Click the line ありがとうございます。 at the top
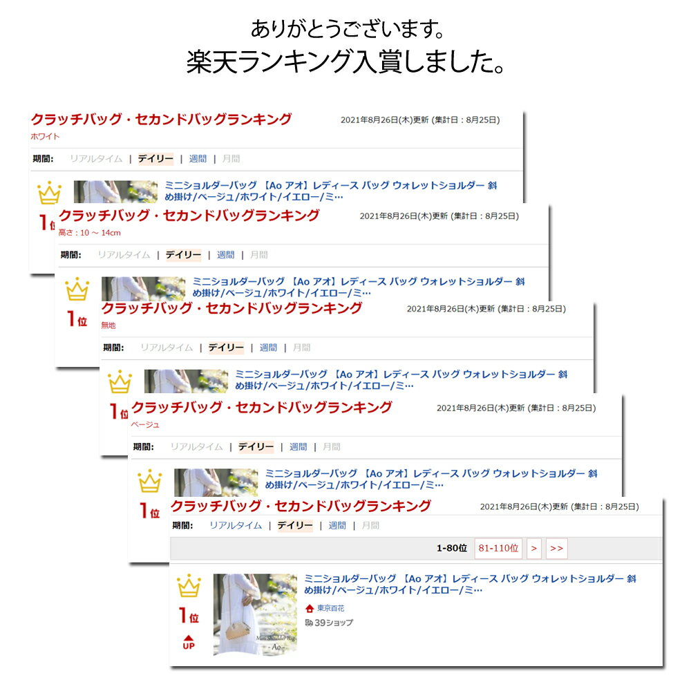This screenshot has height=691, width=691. click(x=348, y=29)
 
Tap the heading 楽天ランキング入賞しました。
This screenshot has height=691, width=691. click(x=345, y=61)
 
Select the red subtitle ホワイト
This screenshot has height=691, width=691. click(x=45, y=137)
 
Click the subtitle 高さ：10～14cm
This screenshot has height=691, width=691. click(x=89, y=233)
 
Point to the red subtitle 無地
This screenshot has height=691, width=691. click(x=108, y=325)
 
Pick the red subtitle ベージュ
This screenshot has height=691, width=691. click(x=145, y=424)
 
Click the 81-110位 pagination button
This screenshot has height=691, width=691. click(x=498, y=548)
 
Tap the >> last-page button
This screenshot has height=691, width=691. click(x=556, y=548)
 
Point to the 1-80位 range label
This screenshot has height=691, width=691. click(x=452, y=548)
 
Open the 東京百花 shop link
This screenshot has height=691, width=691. click(x=330, y=608)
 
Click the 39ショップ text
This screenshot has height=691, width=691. click(x=334, y=623)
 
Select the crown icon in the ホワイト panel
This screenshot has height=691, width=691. click(x=49, y=193)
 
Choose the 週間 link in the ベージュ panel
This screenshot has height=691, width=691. click(x=299, y=447)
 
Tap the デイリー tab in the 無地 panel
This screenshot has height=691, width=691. click(x=226, y=348)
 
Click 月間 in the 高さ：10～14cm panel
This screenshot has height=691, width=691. click(x=258, y=255)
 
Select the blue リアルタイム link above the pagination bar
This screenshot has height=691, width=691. click(x=236, y=525)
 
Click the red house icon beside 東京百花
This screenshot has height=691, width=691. click(x=310, y=609)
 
